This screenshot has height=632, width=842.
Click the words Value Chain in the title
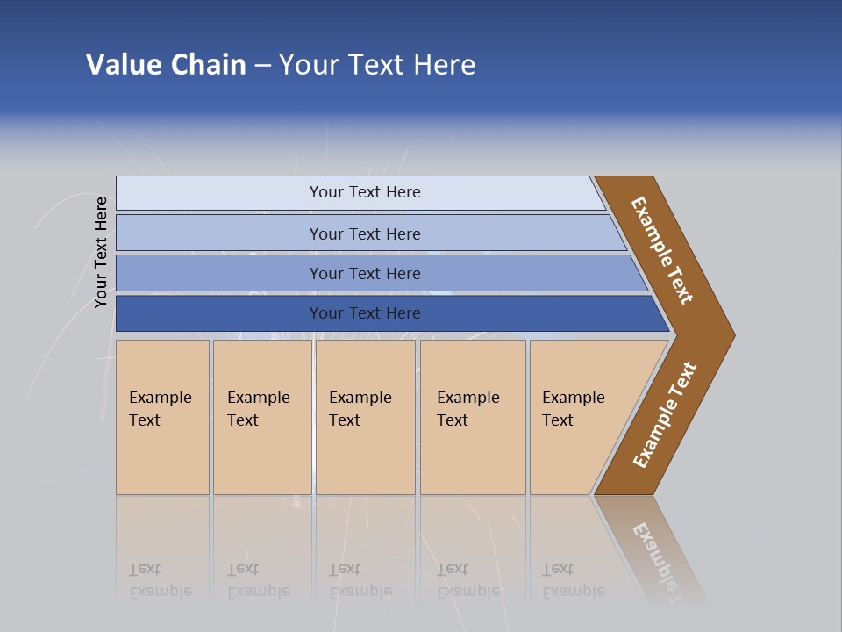click(166, 65)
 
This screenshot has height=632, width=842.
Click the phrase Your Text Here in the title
click(377, 65)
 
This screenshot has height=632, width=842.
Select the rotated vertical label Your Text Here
click(101, 252)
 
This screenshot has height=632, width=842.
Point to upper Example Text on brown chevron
click(662, 250)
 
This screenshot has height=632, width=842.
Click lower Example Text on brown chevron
click(665, 414)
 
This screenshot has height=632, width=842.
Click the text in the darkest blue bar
click(365, 313)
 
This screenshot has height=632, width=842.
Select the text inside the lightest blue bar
click(365, 192)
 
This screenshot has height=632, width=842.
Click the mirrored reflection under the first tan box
click(161, 580)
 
